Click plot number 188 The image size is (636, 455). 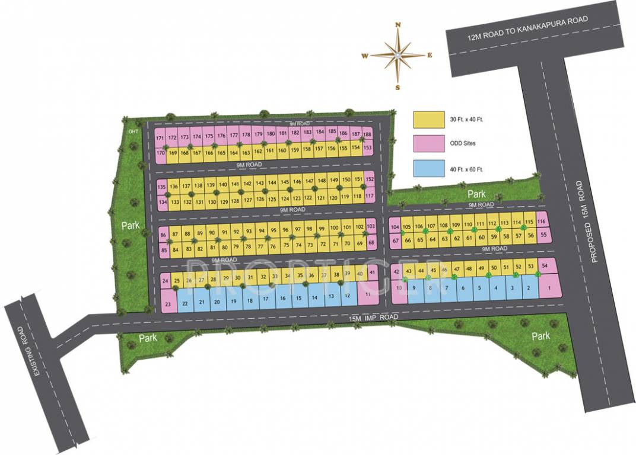pyautogui.click(x=367, y=135)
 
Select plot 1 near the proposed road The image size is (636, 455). pyautogui.click(x=549, y=289)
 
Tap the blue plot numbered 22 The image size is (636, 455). pyautogui.click(x=185, y=303)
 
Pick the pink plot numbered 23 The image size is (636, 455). pyautogui.click(x=168, y=305)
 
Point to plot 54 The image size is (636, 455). pyautogui.click(x=545, y=267)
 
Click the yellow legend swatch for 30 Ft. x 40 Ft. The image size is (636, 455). pyautogui.click(x=429, y=120)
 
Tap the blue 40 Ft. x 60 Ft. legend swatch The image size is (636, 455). pyautogui.click(x=429, y=169)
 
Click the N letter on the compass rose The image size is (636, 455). pyautogui.click(x=398, y=25)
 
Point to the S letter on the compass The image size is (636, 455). pyautogui.click(x=397, y=87)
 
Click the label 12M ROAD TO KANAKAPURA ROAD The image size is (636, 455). pyautogui.click(x=527, y=28)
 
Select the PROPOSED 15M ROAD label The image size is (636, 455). pyautogui.click(x=589, y=222)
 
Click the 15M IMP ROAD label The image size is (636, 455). pyautogui.click(x=373, y=319)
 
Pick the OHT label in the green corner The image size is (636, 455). pyautogui.click(x=132, y=132)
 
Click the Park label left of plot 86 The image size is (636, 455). pyautogui.click(x=131, y=226)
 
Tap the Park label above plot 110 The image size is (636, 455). pyautogui.click(x=476, y=194)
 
